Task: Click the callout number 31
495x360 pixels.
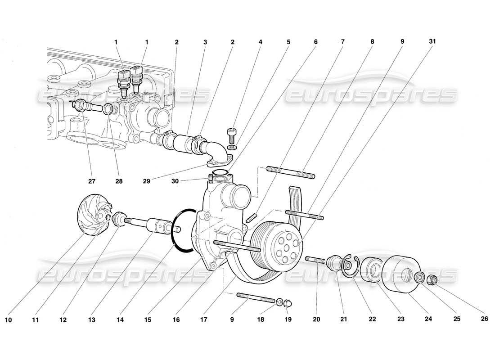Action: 432,42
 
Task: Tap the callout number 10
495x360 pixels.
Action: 8,320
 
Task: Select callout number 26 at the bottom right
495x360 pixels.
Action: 484,319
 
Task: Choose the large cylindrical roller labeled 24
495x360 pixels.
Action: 400,274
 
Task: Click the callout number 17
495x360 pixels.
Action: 205,320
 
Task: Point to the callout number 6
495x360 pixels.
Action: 315,42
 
